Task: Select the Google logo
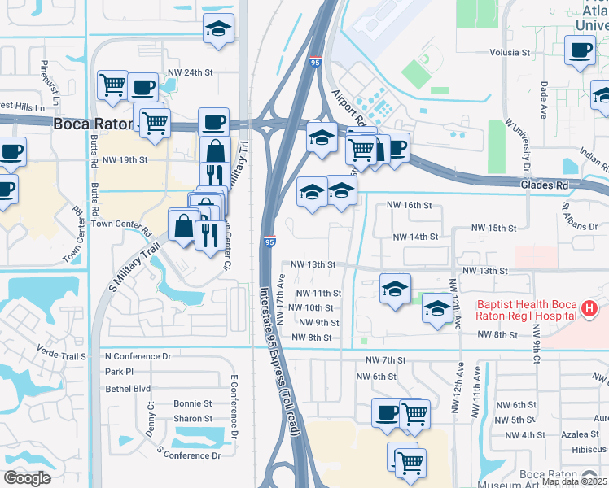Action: point(27,478)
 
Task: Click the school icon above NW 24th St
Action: point(218,30)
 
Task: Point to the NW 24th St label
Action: point(190,72)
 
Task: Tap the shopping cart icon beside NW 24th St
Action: point(112,85)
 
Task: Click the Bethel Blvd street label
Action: point(128,388)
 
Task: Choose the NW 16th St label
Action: point(410,206)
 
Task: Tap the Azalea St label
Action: point(585,435)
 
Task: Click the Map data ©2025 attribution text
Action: point(574,481)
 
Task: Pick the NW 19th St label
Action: point(125,160)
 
